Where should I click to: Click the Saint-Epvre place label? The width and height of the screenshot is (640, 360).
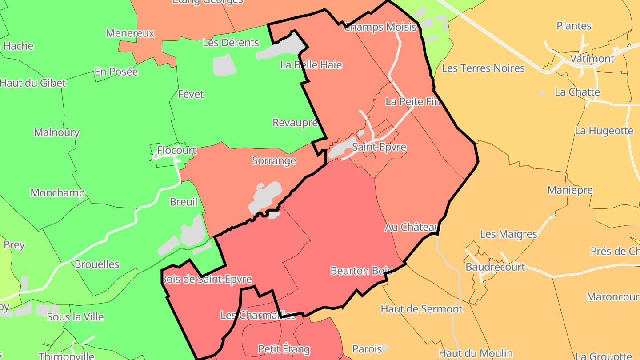click(x=379, y=147)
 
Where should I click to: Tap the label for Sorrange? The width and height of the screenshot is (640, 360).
click(x=274, y=160)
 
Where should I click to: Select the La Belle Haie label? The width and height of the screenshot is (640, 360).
click(x=311, y=65)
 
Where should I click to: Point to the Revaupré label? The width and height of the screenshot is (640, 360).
click(x=295, y=123)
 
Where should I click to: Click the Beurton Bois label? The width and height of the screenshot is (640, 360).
click(x=361, y=271)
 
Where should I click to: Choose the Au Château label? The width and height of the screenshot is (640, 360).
click(x=412, y=227)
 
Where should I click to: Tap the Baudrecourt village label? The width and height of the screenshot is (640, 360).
click(x=495, y=267)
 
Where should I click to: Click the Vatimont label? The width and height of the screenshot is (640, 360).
click(x=592, y=59)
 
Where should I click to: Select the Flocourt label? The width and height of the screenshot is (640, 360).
click(x=176, y=150)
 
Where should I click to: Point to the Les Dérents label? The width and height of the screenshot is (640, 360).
click(x=231, y=43)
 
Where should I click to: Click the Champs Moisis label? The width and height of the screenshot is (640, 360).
click(x=380, y=27)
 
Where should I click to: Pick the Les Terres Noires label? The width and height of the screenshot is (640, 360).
click(x=483, y=68)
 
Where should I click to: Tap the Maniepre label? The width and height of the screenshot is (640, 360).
click(x=570, y=190)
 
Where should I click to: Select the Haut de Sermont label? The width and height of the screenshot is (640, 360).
click(x=421, y=308)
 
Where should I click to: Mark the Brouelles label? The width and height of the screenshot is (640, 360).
click(x=97, y=264)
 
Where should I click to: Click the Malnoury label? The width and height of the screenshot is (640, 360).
click(x=56, y=132)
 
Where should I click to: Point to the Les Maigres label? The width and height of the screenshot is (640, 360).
click(x=508, y=234)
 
